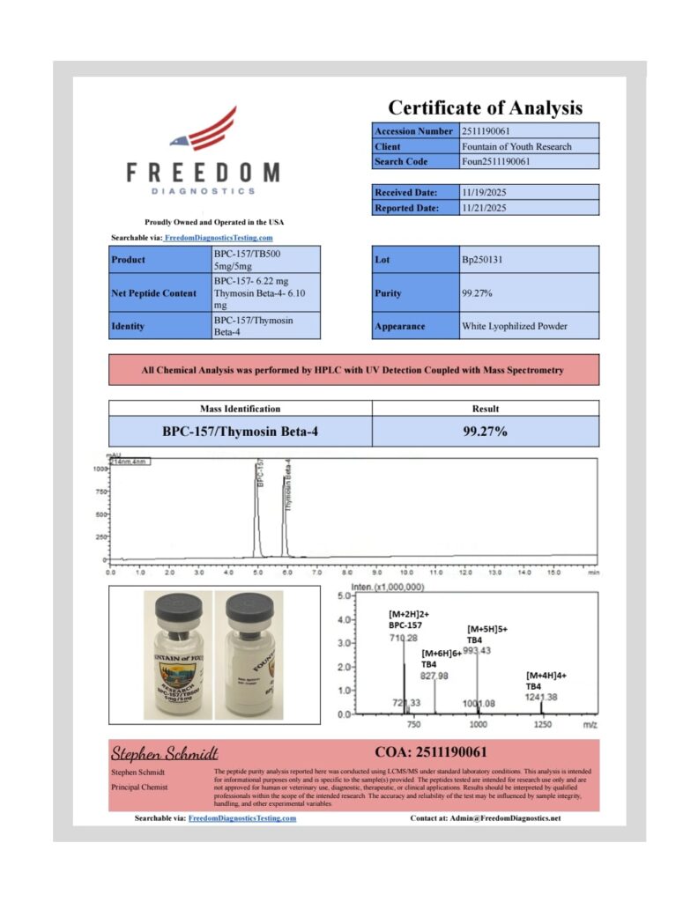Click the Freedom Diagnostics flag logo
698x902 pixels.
click(204, 129)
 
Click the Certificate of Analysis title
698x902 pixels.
click(486, 107)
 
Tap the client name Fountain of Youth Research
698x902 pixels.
click(516, 146)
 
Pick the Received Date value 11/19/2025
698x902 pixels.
click(485, 192)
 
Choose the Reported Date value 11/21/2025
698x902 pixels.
click(485, 208)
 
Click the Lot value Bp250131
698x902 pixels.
click(482, 260)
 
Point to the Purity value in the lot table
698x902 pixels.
click(477, 293)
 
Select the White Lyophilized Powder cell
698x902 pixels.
click(515, 326)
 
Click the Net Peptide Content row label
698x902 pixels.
click(154, 293)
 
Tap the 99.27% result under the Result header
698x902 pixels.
click(485, 432)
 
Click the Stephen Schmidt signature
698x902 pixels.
click(164, 753)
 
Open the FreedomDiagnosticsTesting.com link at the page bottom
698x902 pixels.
click(242, 818)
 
